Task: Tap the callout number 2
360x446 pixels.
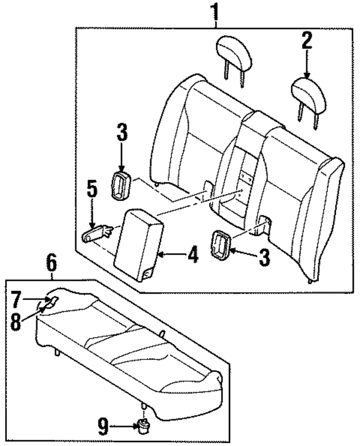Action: click(307, 40)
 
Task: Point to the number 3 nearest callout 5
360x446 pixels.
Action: click(122, 133)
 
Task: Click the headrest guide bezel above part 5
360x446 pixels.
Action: click(122, 184)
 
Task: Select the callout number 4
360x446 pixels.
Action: click(192, 255)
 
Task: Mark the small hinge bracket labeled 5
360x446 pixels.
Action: click(100, 231)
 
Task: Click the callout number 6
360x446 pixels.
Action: click(51, 262)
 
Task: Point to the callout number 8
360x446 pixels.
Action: click(15, 322)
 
